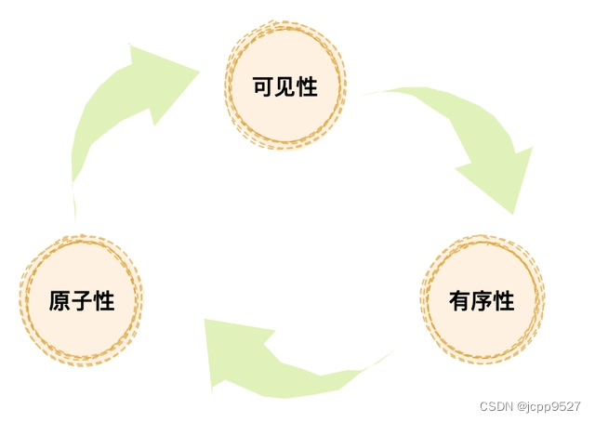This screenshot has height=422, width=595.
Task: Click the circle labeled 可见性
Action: click(285, 86)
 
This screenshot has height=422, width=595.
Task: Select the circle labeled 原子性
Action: click(82, 300)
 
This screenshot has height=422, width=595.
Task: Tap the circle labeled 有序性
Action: click(482, 300)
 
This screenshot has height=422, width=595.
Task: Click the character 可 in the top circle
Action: click(263, 87)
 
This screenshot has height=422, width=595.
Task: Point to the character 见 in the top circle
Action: click(285, 87)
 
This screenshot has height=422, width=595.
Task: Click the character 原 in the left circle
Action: click(59, 301)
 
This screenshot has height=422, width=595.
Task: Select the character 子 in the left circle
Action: click(82, 301)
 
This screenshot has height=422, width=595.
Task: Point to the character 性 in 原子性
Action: click(104, 301)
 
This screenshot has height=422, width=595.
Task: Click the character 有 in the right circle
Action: click(459, 301)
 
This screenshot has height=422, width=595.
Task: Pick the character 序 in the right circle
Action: click(482, 301)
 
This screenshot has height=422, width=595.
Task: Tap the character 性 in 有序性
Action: click(504, 301)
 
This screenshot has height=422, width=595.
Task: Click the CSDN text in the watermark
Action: click(496, 407)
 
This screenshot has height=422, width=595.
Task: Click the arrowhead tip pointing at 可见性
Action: click(199, 71)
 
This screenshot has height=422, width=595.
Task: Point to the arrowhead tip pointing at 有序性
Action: click(512, 213)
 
